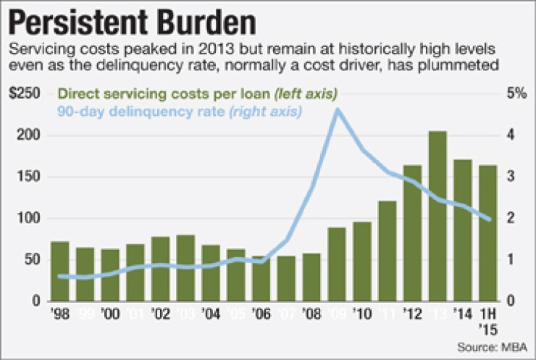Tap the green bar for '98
click(x=60, y=271)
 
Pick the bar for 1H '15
click(x=488, y=233)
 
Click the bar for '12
click(x=411, y=233)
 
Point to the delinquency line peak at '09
click(x=337, y=109)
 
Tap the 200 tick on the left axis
click(x=32, y=136)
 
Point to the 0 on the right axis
click(x=513, y=301)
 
